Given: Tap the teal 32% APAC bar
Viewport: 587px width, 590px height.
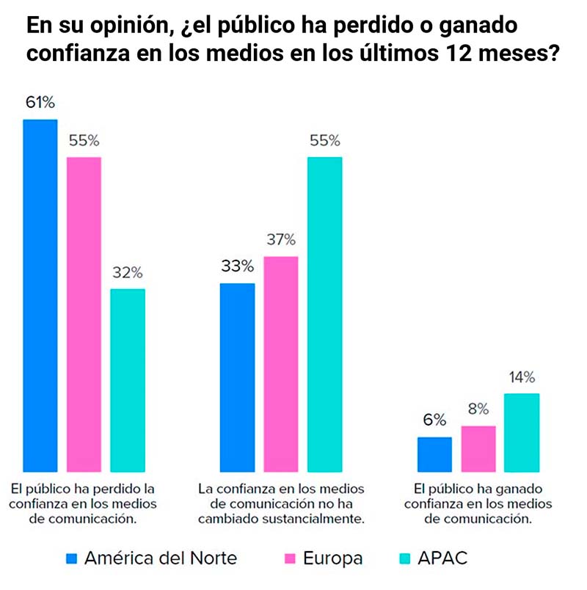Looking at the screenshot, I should click(128, 380).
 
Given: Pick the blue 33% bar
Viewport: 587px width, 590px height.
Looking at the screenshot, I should click(238, 377).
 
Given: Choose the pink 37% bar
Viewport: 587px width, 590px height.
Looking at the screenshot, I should click(281, 364).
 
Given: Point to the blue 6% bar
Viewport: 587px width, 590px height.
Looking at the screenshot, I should click(434, 454).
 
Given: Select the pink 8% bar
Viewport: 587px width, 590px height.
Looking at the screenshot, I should click(478, 448).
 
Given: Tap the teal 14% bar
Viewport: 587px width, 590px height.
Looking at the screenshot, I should click(522, 432).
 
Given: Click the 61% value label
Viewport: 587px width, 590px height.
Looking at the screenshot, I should click(40, 102).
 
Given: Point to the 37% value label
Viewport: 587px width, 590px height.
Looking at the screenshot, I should click(281, 239).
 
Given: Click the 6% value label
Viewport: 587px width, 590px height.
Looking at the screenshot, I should click(434, 420).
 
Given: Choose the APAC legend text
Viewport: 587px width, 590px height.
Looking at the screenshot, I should click(442, 558).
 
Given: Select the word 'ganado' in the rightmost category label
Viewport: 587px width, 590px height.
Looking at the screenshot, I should click(505, 488).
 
